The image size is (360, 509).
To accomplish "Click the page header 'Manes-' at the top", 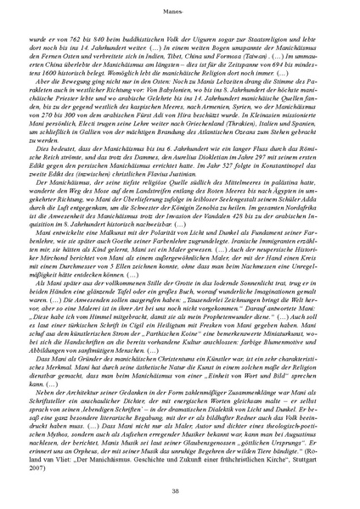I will click(179, 11).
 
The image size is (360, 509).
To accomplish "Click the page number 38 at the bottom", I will click(179, 491).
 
